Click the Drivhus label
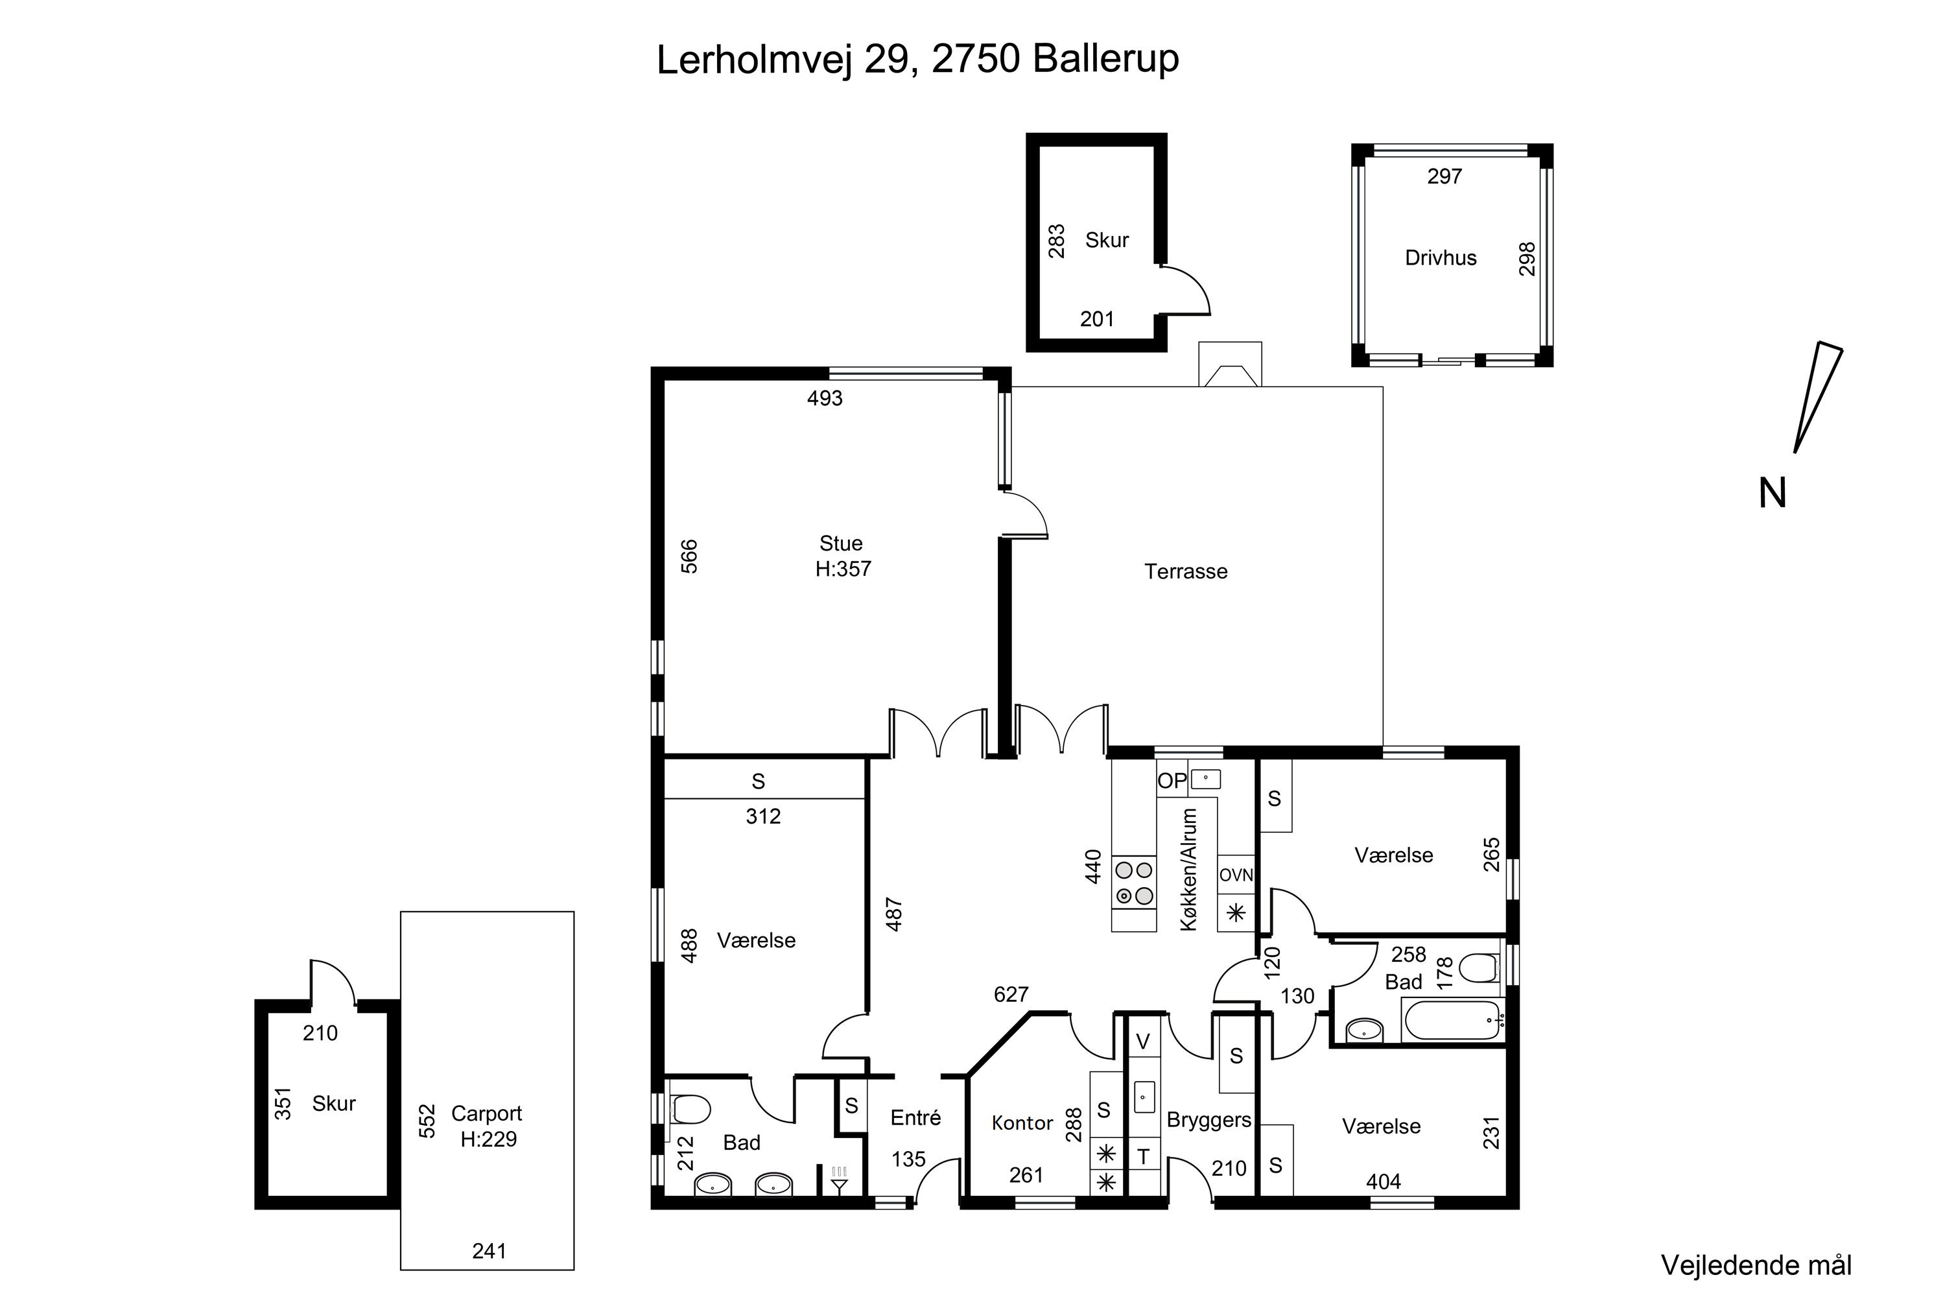[x=1440, y=258]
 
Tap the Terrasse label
[x=1185, y=571]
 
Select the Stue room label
[x=841, y=544]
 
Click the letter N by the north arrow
[x=1771, y=494]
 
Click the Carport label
[x=486, y=1113]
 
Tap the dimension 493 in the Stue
[x=825, y=399]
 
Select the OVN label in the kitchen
[x=1236, y=875]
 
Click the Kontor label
[x=1022, y=1123]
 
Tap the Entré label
[x=915, y=1118]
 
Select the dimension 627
[x=1011, y=995]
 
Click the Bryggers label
[x=1208, y=1120]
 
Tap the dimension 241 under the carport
[x=489, y=1252]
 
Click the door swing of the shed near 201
[x=1188, y=289]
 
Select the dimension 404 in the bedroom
[x=1383, y=1182]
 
